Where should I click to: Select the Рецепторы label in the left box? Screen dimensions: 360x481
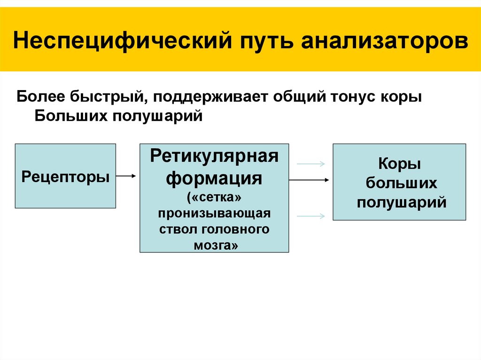[x=66, y=176]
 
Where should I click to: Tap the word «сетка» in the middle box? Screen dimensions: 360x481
[x=214, y=198]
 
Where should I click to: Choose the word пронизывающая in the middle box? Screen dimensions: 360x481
[x=214, y=214]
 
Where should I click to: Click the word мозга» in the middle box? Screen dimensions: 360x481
[x=214, y=245]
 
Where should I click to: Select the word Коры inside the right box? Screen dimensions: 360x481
[x=399, y=165]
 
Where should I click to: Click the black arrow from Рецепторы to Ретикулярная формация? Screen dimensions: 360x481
[x=126, y=176]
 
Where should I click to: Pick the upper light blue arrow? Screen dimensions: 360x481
[x=311, y=164]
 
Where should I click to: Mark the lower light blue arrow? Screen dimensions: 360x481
[x=311, y=216]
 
